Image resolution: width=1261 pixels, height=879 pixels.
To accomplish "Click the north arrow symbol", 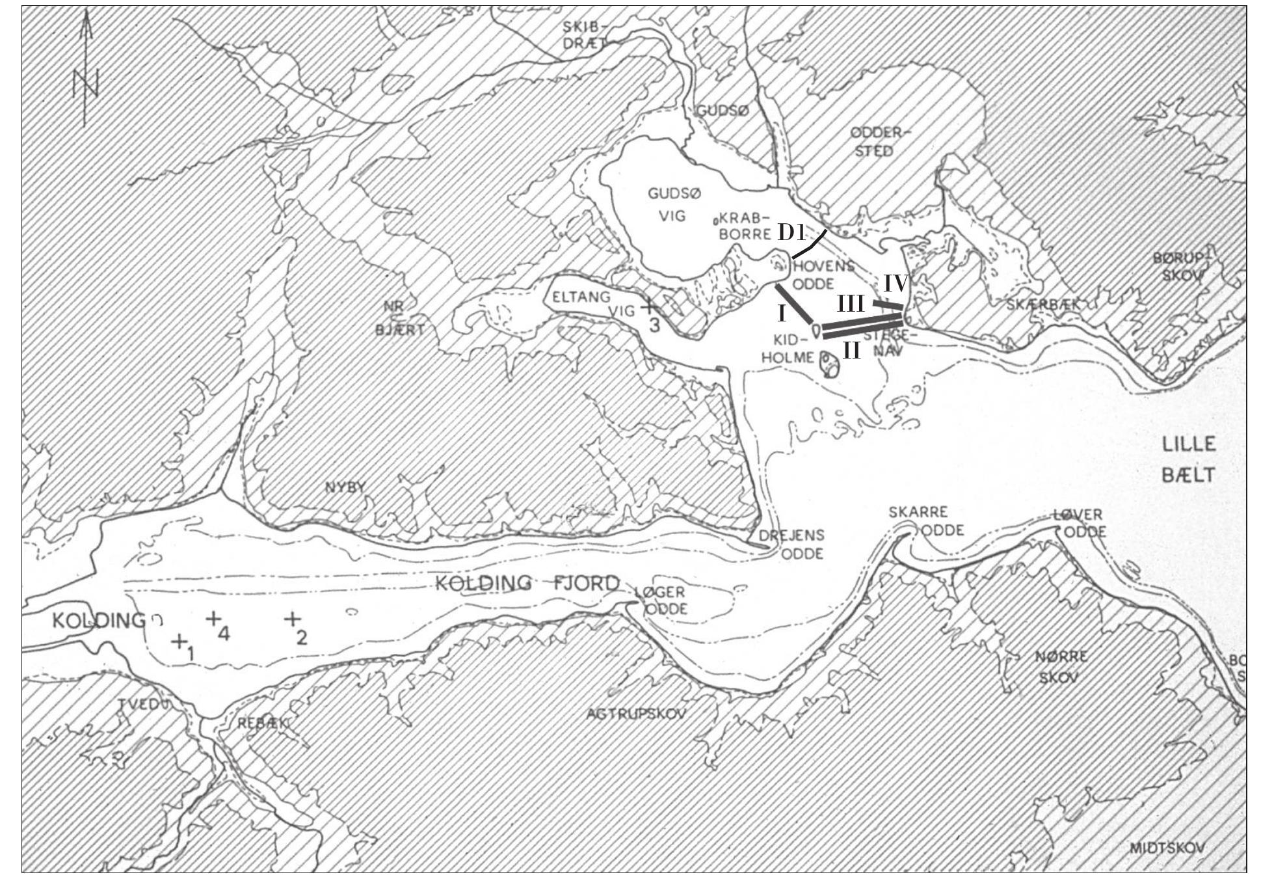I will point(86,72).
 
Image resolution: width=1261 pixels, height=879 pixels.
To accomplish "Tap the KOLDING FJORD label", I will point(527,584).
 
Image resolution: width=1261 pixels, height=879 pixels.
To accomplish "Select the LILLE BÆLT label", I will point(1188,459).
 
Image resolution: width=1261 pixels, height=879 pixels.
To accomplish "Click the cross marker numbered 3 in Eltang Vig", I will point(648,306).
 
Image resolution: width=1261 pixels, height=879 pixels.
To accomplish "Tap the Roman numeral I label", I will point(782,314).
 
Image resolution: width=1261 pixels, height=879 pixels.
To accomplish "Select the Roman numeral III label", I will point(851,304).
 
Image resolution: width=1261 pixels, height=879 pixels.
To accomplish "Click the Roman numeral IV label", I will point(895,283).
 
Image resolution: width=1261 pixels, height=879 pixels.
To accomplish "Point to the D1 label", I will point(791,232).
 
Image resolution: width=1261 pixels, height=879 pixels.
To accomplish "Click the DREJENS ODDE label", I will point(791,544).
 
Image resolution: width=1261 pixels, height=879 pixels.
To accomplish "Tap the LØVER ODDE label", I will point(1079,524).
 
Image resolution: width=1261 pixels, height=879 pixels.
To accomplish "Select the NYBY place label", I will point(346,487).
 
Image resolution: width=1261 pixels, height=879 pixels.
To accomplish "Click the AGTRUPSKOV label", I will point(636,714).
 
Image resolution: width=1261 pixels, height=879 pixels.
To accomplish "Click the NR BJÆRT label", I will point(399,321).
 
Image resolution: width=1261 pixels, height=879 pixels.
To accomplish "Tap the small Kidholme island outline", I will point(829,365).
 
